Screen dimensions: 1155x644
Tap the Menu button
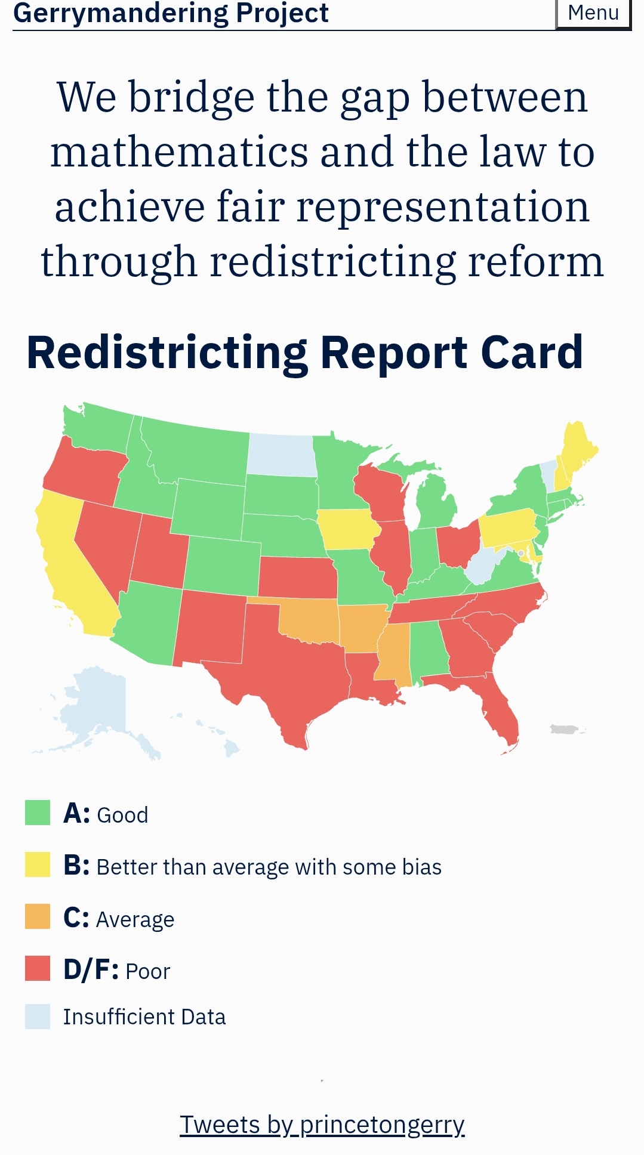(x=593, y=13)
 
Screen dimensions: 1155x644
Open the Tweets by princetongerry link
(x=322, y=1125)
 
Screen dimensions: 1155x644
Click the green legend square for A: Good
(x=38, y=813)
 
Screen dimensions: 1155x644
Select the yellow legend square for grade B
(x=38, y=864)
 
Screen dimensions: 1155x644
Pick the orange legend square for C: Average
(x=38, y=916)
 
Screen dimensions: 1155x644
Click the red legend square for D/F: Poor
(x=38, y=968)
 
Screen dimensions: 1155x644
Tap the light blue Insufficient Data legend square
(x=38, y=1017)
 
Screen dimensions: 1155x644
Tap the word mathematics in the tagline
(x=179, y=152)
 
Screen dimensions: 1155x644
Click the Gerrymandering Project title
(x=171, y=13)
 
